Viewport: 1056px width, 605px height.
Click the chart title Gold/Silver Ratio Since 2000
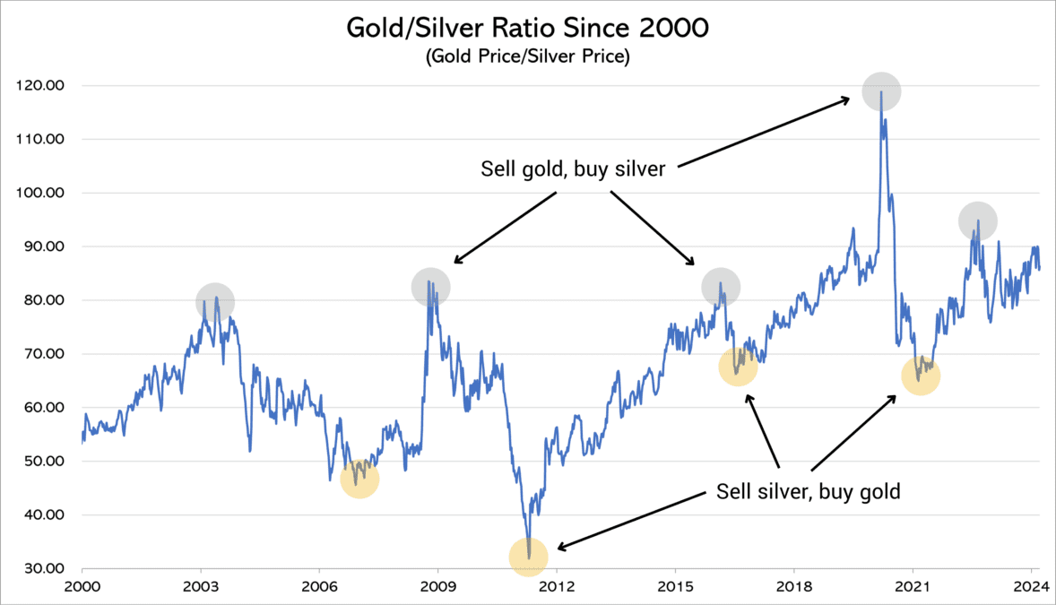(x=527, y=28)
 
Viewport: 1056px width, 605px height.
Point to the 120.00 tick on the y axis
(x=42, y=86)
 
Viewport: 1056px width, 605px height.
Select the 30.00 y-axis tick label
(x=44, y=569)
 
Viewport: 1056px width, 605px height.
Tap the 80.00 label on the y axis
(x=44, y=300)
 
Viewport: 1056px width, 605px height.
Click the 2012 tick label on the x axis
(x=557, y=588)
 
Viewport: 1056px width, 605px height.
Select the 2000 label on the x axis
(x=82, y=588)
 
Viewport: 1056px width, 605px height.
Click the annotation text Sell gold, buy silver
(x=573, y=169)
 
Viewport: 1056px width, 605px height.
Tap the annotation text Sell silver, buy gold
(x=808, y=492)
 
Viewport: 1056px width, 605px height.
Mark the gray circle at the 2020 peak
(x=881, y=91)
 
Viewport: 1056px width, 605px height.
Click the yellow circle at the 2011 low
(x=528, y=557)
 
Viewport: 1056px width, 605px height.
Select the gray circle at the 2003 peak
(x=215, y=303)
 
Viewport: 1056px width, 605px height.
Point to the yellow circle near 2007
(x=360, y=480)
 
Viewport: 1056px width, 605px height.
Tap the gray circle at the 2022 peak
(x=977, y=220)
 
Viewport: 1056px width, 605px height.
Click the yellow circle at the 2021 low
(x=921, y=377)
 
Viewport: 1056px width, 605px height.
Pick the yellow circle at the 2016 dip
(x=739, y=367)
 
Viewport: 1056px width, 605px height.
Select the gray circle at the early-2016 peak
(x=721, y=288)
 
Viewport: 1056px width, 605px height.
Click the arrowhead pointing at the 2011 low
(x=559, y=548)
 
